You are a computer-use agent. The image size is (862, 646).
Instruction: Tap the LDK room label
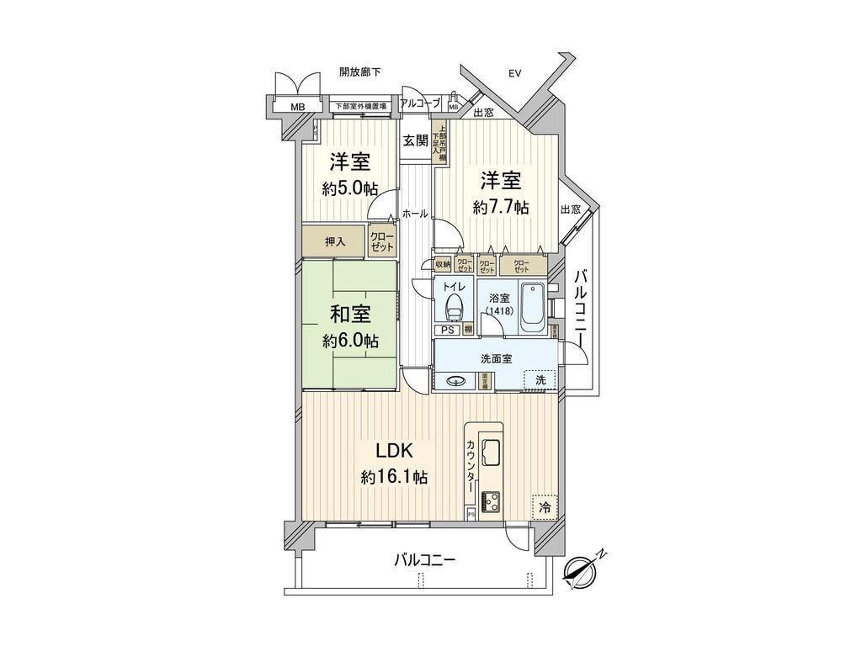[x=393, y=450]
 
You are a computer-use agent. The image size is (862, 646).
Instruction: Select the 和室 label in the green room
[x=350, y=315]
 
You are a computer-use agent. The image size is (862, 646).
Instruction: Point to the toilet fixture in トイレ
[x=455, y=307]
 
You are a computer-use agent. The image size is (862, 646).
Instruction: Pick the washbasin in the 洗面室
[x=458, y=380]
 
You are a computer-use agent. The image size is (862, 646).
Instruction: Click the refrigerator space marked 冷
[x=544, y=507]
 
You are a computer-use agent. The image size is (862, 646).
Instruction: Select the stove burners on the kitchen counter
[x=490, y=501]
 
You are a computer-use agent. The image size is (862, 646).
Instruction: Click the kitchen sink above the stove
[x=490, y=453]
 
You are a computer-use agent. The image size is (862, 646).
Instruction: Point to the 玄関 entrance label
[x=415, y=140]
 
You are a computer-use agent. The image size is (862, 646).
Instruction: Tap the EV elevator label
[x=514, y=74]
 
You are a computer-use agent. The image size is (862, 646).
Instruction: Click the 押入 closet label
[x=335, y=242]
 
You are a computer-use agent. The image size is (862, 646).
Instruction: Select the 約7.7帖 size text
[x=501, y=207]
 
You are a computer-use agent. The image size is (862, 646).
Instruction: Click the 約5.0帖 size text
[x=349, y=188]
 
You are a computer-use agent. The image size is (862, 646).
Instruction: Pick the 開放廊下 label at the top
[x=359, y=72]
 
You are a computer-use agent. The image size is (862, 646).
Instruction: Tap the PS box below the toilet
[x=447, y=330]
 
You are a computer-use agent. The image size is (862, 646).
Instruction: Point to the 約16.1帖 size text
[x=394, y=478]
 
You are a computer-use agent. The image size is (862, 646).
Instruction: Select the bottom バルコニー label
[x=425, y=559]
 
